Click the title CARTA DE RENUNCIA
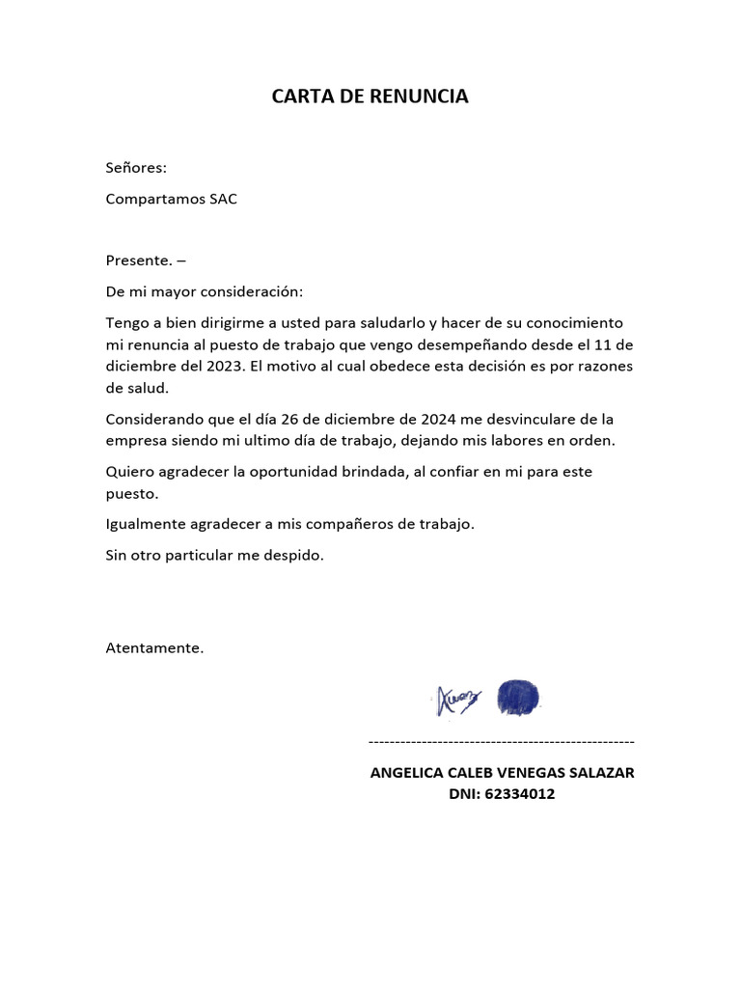370,96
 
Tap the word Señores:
136,168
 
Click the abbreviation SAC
223,199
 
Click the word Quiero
129,472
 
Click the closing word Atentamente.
154,647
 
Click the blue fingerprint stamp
518,697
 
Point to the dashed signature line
502,741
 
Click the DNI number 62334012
520,795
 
